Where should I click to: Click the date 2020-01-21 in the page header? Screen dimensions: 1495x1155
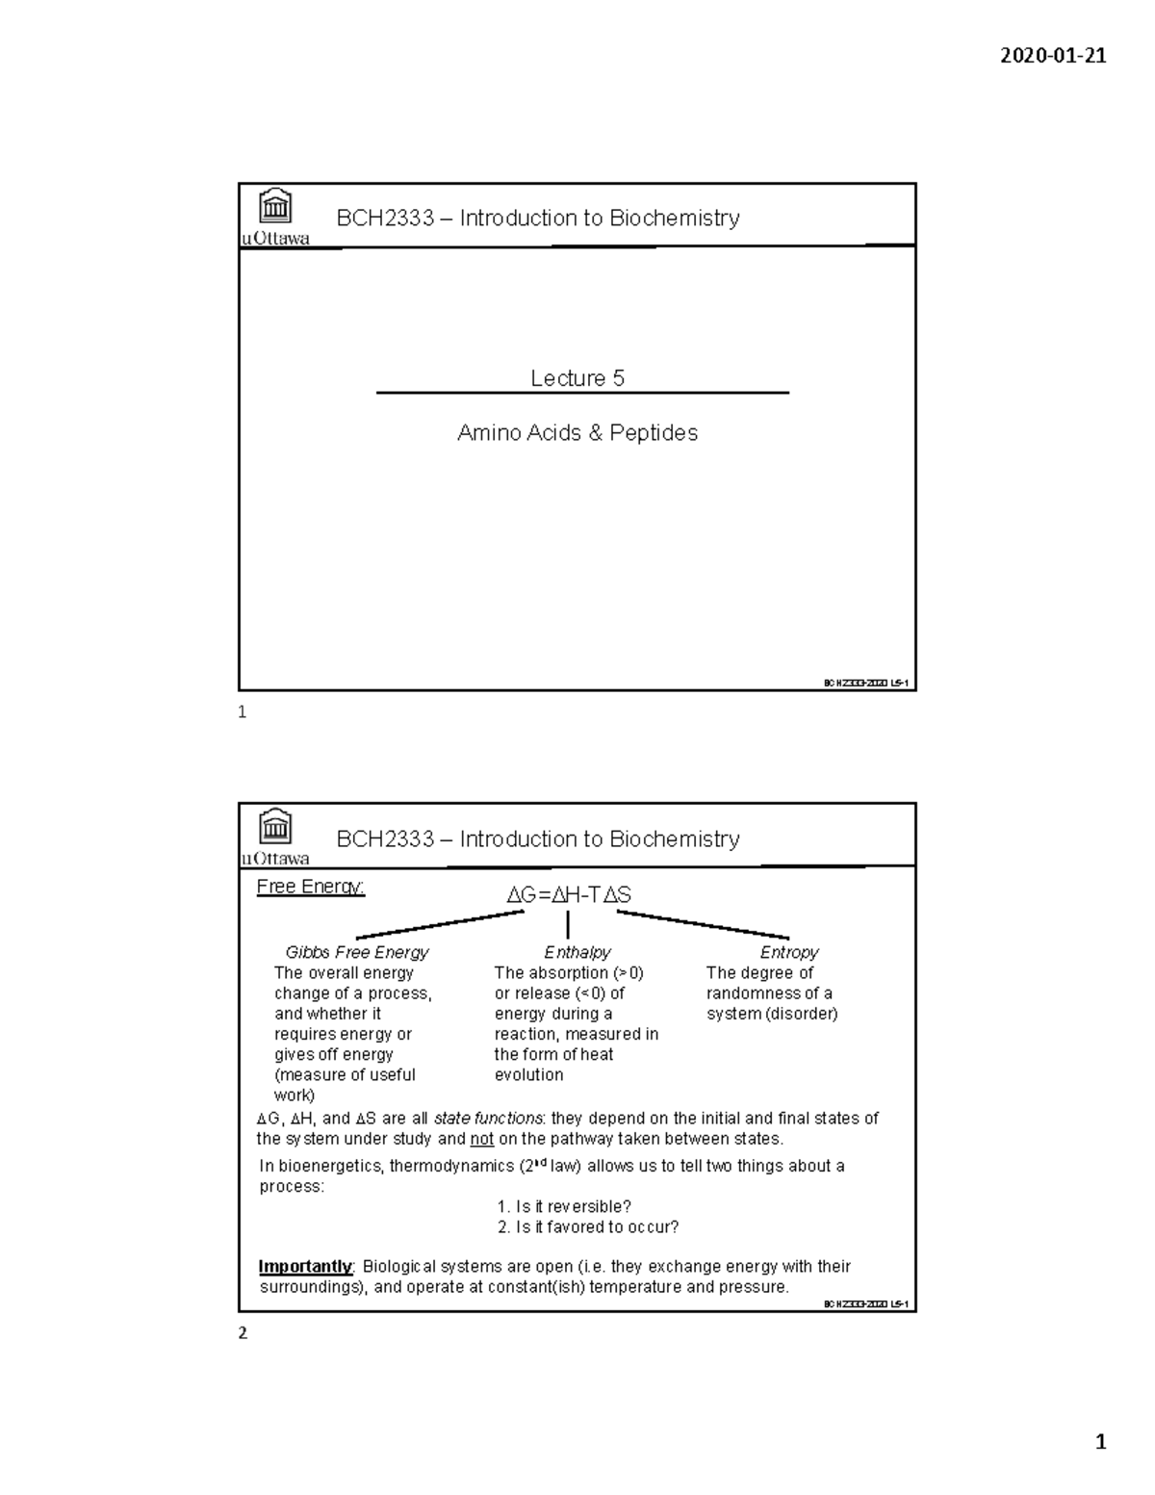click(1053, 55)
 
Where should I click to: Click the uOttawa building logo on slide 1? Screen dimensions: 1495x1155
click(276, 206)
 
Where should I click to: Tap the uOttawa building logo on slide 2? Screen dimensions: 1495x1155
click(276, 827)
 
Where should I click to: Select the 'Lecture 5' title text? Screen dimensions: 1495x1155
click(577, 378)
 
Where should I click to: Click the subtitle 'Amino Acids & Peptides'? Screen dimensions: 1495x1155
click(577, 433)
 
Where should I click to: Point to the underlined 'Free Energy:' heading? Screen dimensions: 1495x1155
click(310, 887)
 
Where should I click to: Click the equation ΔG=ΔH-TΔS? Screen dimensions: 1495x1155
click(569, 895)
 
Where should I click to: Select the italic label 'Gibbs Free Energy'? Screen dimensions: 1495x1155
click(356, 952)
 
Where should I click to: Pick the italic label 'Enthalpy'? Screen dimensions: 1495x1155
click(577, 952)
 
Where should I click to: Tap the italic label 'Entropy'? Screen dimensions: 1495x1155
click(789, 952)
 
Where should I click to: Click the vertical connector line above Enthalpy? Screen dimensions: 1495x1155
click(569, 925)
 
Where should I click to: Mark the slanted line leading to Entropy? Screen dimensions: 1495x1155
click(703, 924)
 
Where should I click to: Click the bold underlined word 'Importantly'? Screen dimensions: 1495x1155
click(305, 1267)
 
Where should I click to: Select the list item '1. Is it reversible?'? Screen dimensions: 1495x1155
click(564, 1206)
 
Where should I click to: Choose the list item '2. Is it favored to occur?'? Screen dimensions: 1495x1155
click(587, 1226)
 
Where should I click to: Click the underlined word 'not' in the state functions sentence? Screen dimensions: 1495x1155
click(481, 1139)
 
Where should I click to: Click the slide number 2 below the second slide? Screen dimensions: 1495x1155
click(243, 1333)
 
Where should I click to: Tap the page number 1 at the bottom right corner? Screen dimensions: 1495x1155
click(1100, 1441)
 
